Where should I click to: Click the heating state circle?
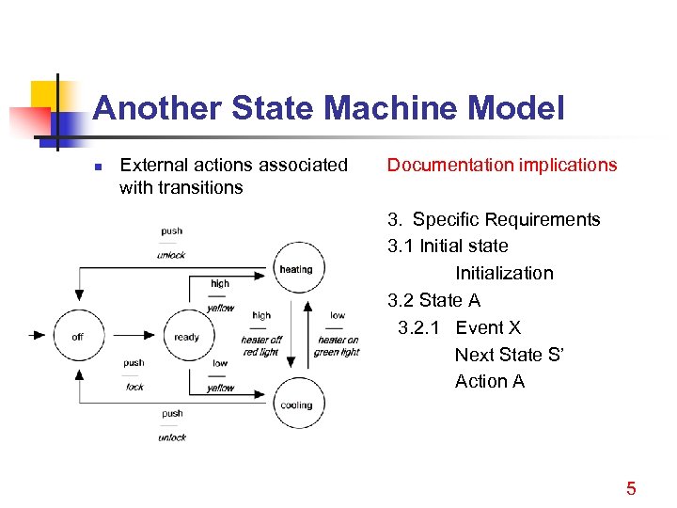pos(296,269)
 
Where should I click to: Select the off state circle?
pos(77,337)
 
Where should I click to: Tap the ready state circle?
pos(187,337)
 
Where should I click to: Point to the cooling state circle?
pos(296,405)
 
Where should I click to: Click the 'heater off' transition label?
pos(261,340)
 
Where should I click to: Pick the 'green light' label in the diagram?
pos(337,353)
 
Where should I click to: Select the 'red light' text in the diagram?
pos(260,353)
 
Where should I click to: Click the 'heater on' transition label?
pos(338,340)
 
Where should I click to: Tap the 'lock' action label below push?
pos(134,387)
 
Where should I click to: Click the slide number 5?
pos(631,488)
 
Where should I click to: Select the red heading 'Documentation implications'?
pos(502,166)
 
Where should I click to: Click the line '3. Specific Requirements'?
pos(494,220)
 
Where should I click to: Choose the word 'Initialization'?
pos(504,274)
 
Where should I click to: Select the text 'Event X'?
pos(487,327)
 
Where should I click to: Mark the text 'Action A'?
pos(489,381)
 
